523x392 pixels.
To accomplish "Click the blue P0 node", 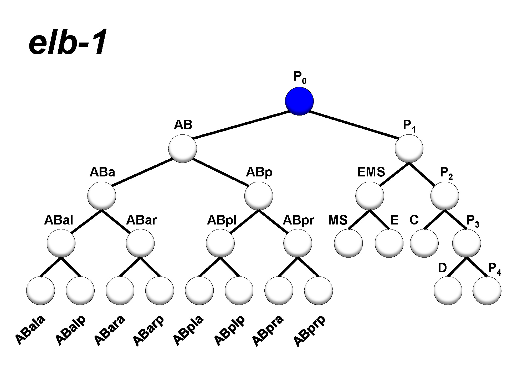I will (299, 101).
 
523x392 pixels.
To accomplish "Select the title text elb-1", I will (67, 42).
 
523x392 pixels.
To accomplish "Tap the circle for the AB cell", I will (182, 148).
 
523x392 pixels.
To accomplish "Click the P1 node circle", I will (409, 148).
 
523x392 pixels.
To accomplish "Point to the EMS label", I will (371, 172).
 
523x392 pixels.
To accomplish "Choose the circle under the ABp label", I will (259, 196).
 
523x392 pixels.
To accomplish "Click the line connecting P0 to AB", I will (240, 125).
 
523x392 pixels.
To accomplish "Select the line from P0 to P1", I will (353, 125).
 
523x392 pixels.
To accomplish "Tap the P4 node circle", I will (487, 291).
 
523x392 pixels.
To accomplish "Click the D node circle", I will (448, 291).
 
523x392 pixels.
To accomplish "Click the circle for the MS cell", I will (348, 243).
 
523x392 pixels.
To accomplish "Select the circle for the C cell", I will (424, 243).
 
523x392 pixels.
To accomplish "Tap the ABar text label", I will (141, 220).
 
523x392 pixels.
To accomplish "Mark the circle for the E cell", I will (389, 243).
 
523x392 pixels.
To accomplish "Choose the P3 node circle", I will (466, 243).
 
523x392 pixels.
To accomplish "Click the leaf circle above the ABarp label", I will (160, 291).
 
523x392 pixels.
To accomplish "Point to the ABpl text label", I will (222, 220).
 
